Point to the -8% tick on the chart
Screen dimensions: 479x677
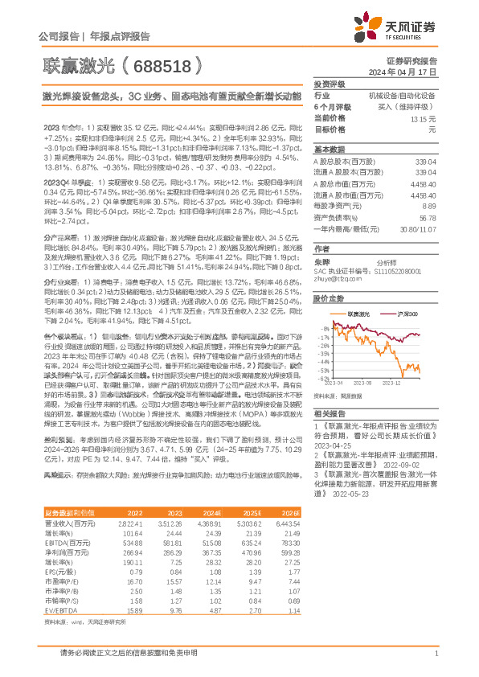[x=323, y=329]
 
